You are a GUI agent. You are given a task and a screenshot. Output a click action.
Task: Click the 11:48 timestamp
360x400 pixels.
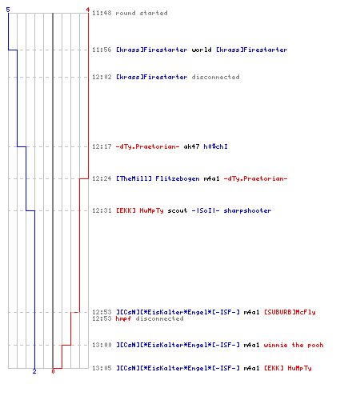pyautogui.click(x=102, y=13)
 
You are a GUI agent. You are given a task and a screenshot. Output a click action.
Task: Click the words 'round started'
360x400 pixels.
pyautogui.click(x=142, y=13)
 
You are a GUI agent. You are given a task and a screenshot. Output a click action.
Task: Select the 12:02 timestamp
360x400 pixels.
pyautogui.click(x=102, y=77)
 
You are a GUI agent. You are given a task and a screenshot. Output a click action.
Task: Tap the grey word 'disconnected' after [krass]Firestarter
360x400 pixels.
pyautogui.click(x=215, y=77)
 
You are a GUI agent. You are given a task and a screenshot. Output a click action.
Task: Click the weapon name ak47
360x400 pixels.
pyautogui.click(x=191, y=146)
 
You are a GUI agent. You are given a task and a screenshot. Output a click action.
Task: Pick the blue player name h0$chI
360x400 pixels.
pyautogui.click(x=215, y=146)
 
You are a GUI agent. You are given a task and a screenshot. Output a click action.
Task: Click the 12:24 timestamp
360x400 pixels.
pyautogui.click(x=102, y=178)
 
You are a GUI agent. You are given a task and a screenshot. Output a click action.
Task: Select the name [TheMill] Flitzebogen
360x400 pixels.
pyautogui.click(x=158, y=178)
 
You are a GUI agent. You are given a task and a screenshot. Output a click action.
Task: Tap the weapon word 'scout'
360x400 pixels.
pyautogui.click(x=178, y=210)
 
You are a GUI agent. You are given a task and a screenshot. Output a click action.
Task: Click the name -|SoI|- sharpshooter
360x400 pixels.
pyautogui.click(x=231, y=210)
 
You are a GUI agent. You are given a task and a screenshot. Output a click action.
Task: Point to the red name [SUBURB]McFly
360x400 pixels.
pyautogui.click(x=290, y=312)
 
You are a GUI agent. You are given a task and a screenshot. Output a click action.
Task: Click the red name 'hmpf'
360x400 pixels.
pyautogui.click(x=123, y=318)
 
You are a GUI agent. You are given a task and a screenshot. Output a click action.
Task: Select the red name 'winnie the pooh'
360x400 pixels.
pyautogui.click(x=294, y=345)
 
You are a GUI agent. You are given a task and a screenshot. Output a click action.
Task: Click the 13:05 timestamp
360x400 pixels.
pyautogui.click(x=102, y=368)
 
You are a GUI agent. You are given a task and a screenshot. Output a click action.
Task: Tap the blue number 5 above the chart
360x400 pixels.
pyautogui.click(x=8, y=10)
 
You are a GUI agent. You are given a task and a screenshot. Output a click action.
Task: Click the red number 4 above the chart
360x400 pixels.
pyautogui.click(x=88, y=10)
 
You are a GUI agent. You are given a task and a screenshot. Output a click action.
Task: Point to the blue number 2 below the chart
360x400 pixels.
pyautogui.click(x=34, y=371)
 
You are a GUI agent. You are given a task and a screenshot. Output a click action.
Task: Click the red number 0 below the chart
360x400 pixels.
pyautogui.click(x=53, y=371)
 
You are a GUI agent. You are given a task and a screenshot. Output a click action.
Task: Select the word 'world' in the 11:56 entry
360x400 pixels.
pyautogui.click(x=202, y=50)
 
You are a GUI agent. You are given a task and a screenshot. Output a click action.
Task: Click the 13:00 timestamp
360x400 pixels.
pyautogui.click(x=102, y=345)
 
